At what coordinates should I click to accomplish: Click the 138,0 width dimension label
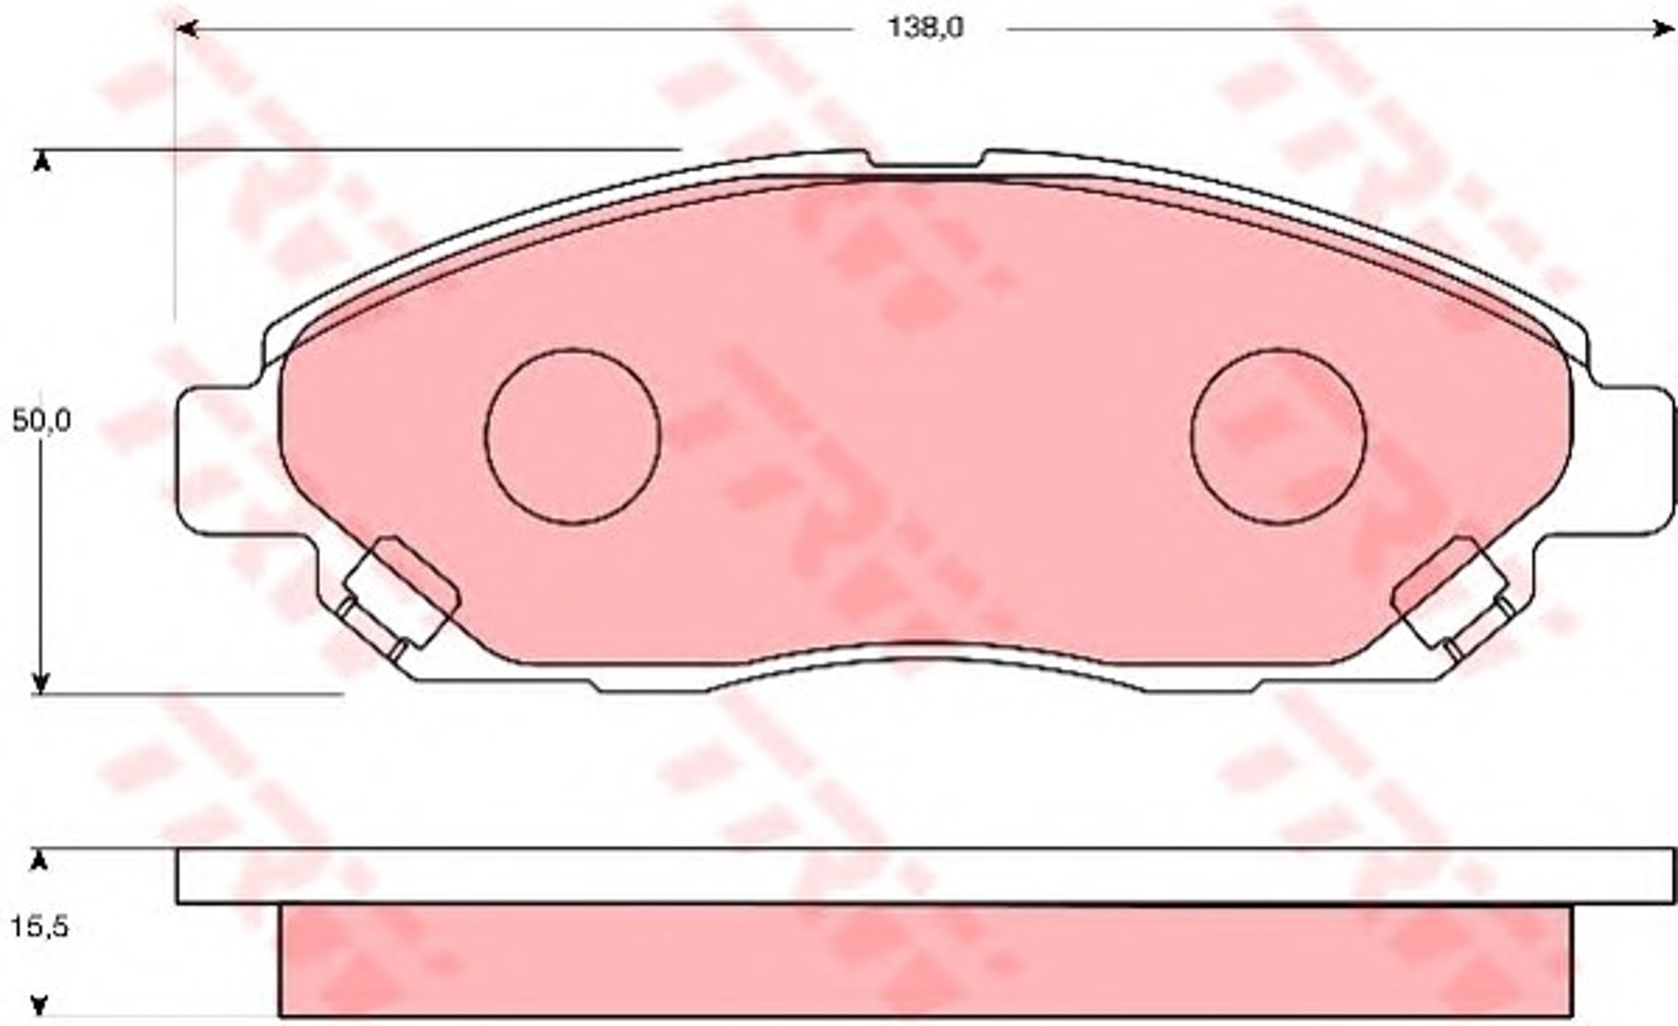(926, 28)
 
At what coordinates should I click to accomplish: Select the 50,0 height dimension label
(42, 421)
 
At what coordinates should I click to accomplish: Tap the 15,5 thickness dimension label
(39, 927)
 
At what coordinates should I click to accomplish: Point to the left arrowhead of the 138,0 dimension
(183, 29)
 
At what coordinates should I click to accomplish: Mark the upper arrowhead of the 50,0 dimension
(43, 163)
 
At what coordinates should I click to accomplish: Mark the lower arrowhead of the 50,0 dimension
(43, 681)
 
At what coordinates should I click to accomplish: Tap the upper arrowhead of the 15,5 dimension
(40, 862)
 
